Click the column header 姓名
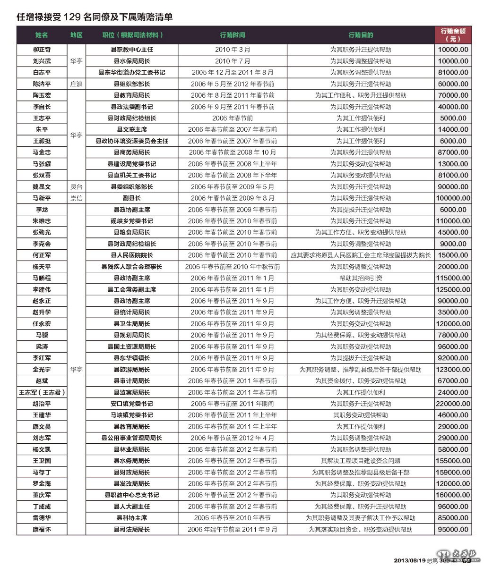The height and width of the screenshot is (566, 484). point(42,35)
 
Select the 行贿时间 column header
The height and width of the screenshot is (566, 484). point(233,35)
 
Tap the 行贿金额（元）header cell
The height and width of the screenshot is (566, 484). point(453,35)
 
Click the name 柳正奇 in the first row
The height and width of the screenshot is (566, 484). point(42,50)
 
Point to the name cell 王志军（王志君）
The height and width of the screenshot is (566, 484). point(42,392)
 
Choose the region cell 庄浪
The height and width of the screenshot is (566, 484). point(76,84)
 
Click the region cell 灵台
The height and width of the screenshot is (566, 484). point(76,187)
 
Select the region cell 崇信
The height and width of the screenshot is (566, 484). point(76,198)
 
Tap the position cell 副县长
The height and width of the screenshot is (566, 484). point(132,198)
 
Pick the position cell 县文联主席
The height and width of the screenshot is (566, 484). point(132,129)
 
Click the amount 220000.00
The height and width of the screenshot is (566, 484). point(453,404)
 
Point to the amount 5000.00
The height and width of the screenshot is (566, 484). point(453,118)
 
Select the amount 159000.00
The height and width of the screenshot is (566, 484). point(453,473)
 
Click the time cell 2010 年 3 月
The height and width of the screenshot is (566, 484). point(233,50)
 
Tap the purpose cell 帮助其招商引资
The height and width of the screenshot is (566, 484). point(361,279)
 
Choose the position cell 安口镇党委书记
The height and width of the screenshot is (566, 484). point(132,404)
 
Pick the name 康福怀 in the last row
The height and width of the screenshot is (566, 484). point(42,530)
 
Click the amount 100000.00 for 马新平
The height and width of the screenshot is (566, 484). point(453,198)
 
